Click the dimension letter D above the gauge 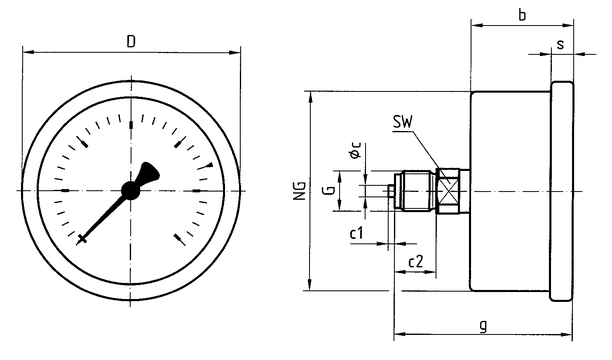131,41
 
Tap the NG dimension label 300,191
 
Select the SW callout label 402,123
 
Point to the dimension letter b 522,14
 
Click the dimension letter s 560,44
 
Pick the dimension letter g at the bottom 483,325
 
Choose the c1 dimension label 356,233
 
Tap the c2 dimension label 415,261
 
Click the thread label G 329,191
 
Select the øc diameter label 356,150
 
